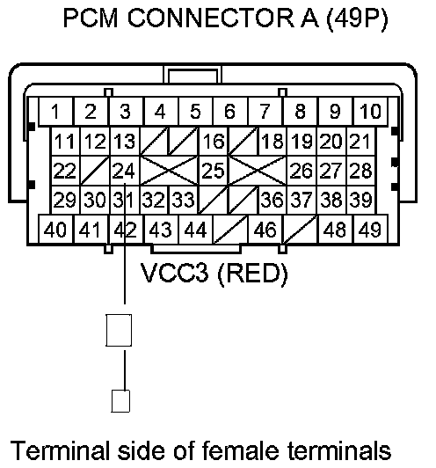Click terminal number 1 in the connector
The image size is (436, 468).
(x=55, y=111)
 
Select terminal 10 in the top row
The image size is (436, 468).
(x=370, y=111)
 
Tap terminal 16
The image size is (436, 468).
(x=214, y=142)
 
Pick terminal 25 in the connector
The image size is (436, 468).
(x=214, y=171)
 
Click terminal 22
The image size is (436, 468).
(x=66, y=171)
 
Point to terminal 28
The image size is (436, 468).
(x=360, y=171)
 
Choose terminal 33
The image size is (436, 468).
(x=184, y=200)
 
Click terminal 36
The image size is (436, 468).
(x=272, y=200)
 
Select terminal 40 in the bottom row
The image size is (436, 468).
(x=55, y=230)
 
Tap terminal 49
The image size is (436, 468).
(x=370, y=230)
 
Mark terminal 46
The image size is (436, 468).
(x=265, y=230)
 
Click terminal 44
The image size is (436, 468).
(x=196, y=230)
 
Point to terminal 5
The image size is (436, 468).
(x=196, y=111)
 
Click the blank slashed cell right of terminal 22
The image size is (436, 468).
(x=95, y=171)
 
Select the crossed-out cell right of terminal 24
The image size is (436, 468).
(x=169, y=171)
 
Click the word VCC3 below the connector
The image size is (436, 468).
(x=174, y=273)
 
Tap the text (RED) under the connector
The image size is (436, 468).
(x=253, y=274)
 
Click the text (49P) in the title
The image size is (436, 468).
(x=357, y=18)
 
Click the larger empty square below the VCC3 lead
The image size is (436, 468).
(x=119, y=330)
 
